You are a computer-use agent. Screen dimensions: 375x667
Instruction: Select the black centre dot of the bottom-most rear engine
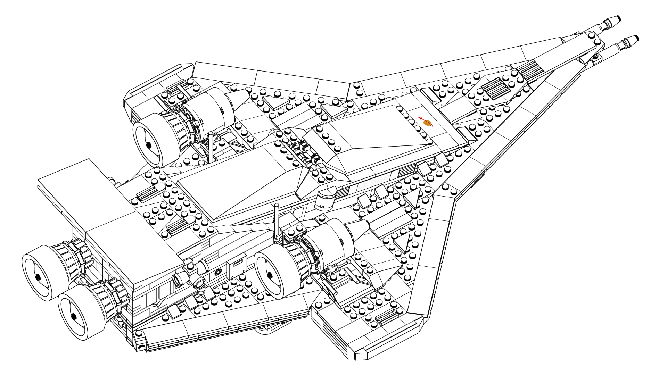pyautogui.click(x=74, y=316)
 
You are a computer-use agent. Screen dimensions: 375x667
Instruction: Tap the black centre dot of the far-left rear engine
pyautogui.click(x=37, y=277)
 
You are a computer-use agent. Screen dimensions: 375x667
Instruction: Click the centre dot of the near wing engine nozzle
pyautogui.click(x=269, y=276)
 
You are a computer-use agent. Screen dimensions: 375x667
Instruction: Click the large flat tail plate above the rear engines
pyautogui.click(x=104, y=212)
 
